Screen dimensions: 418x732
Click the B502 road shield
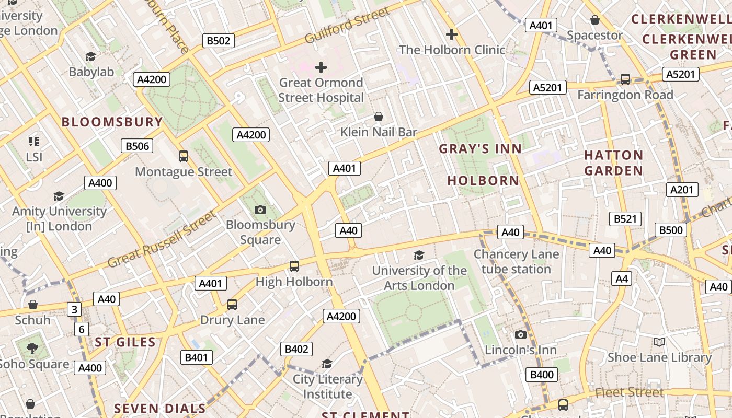219,41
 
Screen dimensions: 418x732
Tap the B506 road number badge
137,146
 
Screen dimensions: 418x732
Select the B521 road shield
625,219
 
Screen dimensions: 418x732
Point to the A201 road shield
682,190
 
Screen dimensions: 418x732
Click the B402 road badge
296,349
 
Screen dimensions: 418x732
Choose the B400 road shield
542,375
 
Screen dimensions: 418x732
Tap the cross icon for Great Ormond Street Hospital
321,67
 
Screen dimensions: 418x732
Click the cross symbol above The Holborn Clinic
452,35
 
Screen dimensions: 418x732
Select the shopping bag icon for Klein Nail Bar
379,117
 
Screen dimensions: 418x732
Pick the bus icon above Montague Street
184,156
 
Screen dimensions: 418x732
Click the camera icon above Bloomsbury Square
260,210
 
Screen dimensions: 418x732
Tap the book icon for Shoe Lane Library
659,342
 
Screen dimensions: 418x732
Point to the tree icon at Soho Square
32,348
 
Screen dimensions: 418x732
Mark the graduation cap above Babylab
91,56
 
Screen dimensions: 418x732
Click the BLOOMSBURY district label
112,122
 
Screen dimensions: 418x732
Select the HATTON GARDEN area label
613,162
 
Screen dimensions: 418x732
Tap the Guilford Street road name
348,25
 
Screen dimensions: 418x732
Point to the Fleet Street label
630,392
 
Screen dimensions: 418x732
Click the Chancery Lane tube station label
516,262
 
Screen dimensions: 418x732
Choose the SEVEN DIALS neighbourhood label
159,408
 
